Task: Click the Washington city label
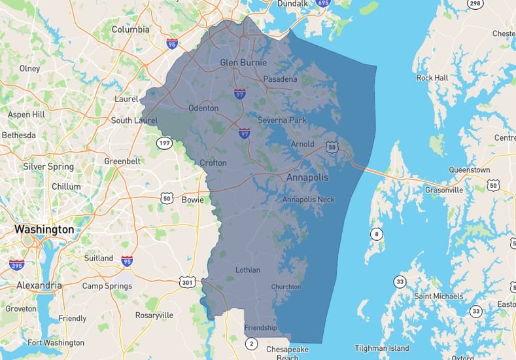(x=44, y=230)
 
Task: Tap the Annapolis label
(x=307, y=177)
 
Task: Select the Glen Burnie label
(x=243, y=63)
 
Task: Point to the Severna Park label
(x=282, y=120)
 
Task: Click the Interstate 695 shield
(x=322, y=3)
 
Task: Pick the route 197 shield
(x=163, y=142)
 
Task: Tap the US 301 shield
(x=188, y=282)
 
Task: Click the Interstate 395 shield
(x=16, y=264)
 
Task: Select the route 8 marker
(x=377, y=234)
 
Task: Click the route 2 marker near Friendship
(x=252, y=343)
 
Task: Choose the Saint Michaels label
(x=438, y=297)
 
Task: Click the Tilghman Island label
(x=382, y=348)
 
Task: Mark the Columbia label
(x=130, y=29)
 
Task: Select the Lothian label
(x=247, y=270)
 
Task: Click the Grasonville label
(x=443, y=190)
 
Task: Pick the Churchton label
(x=286, y=287)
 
